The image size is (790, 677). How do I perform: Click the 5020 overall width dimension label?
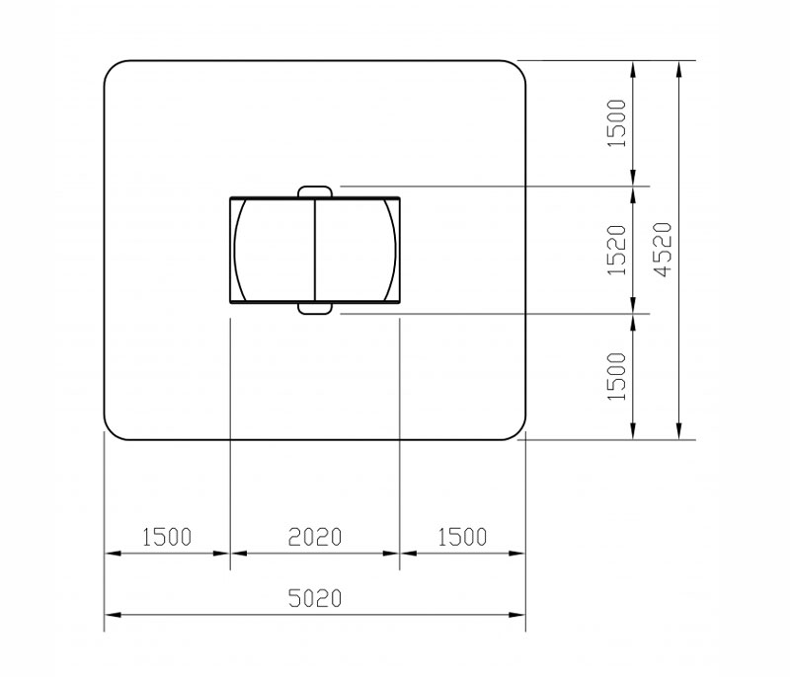click(x=315, y=598)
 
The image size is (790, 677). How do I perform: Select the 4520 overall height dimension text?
click(x=664, y=250)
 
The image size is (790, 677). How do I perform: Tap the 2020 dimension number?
click(x=315, y=537)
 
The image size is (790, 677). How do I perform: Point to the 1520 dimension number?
click(x=617, y=250)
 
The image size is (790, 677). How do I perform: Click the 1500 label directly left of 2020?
click(x=167, y=537)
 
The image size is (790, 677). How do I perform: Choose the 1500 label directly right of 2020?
click(x=462, y=537)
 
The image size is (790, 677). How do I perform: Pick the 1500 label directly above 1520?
click(x=617, y=123)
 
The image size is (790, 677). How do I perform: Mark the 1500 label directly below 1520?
click(x=617, y=377)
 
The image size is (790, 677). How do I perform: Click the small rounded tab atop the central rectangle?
click(x=315, y=191)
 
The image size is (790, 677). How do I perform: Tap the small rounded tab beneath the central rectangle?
click(x=315, y=308)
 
